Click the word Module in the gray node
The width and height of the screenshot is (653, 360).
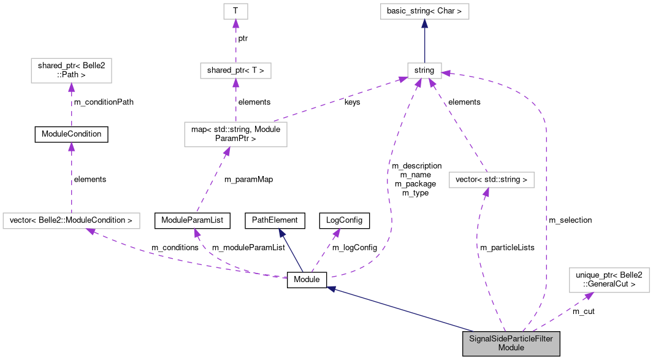point(511,348)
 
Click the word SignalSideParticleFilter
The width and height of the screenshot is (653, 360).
point(511,339)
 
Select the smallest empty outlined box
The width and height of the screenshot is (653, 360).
point(235,11)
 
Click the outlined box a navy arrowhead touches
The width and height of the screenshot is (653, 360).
point(424,71)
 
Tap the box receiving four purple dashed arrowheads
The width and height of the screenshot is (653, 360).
point(424,71)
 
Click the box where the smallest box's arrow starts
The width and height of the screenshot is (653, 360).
point(235,71)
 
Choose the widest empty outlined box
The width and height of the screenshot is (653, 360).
point(71,221)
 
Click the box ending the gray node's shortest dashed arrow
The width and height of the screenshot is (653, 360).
point(609,280)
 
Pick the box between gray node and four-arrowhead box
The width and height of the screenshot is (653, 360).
point(491,180)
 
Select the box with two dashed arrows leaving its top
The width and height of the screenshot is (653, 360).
point(235,134)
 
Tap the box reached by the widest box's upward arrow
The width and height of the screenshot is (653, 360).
point(71,71)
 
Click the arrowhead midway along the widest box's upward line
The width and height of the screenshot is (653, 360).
point(71,147)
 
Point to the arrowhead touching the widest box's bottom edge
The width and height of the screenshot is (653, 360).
point(90,231)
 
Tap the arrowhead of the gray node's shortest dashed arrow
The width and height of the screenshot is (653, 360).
point(588,296)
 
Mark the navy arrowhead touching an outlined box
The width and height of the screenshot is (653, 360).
point(424,23)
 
